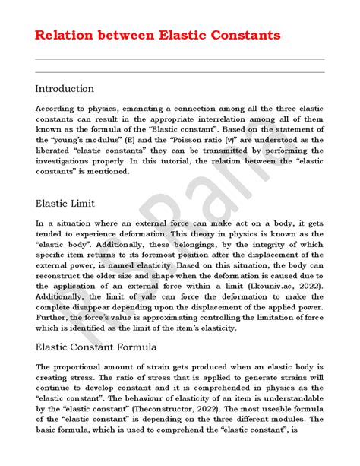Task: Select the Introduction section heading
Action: [x=65, y=89]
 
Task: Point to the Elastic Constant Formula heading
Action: [x=96, y=347]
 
